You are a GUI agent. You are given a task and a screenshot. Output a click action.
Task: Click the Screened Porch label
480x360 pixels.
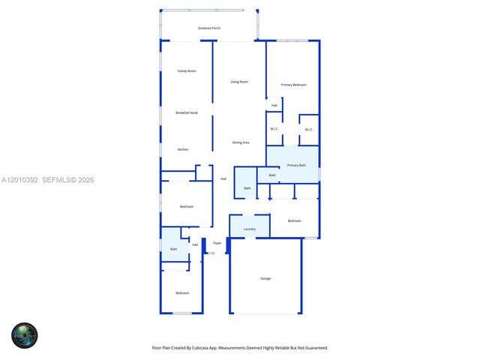click(209, 28)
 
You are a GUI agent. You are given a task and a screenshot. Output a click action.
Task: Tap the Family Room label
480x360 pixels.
click(187, 71)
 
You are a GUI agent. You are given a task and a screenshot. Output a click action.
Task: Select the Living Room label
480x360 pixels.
click(239, 82)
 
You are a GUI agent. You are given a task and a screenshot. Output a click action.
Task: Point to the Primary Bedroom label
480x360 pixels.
click(293, 85)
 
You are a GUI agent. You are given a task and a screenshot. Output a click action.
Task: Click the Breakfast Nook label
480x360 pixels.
click(187, 112)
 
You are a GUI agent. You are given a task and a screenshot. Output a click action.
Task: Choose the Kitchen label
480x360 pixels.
click(183, 149)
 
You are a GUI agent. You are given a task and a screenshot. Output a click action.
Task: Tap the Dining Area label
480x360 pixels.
click(241, 142)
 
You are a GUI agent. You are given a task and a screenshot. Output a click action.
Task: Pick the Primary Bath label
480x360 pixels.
click(296, 165)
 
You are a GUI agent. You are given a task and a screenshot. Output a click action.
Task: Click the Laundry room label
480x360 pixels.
click(250, 229)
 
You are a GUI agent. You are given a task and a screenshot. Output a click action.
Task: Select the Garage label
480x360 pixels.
click(265, 278)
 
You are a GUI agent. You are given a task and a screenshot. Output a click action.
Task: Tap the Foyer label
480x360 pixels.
click(217, 243)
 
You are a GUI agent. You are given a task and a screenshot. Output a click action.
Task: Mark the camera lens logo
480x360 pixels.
click(24, 334)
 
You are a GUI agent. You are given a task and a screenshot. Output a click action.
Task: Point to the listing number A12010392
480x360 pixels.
click(19, 180)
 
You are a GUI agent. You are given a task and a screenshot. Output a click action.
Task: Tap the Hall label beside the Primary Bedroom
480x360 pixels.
click(274, 105)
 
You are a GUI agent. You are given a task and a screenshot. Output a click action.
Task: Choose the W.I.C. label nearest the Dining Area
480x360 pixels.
click(274, 129)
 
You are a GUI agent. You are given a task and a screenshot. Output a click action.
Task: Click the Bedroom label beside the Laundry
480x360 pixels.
click(294, 220)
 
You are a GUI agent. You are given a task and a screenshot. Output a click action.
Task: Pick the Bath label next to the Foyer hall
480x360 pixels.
click(174, 249)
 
